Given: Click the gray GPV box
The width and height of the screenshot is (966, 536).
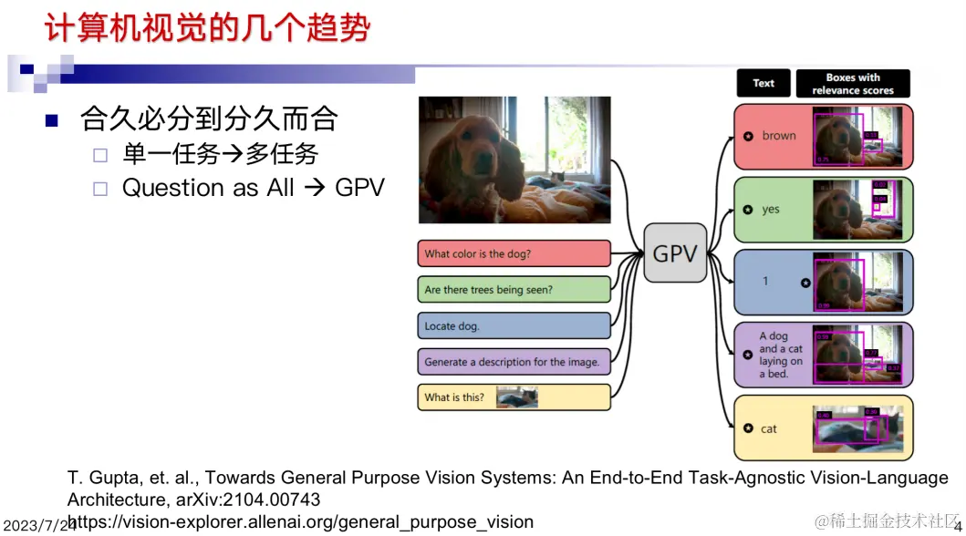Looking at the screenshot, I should click(675, 254).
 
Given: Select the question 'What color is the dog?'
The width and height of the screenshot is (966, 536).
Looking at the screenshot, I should click(514, 253).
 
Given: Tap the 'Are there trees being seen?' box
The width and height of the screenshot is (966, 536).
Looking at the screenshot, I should click(514, 290).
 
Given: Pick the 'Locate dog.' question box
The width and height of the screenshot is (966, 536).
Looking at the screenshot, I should click(514, 325).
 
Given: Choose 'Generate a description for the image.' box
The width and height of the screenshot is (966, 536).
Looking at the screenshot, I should click(514, 362).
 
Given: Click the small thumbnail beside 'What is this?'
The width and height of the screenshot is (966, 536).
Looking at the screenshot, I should click(516, 397).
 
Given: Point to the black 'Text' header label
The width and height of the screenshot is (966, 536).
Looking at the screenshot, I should click(763, 84).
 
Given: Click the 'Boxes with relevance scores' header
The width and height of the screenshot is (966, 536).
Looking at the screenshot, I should click(853, 84).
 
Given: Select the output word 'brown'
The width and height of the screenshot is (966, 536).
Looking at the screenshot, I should click(779, 136).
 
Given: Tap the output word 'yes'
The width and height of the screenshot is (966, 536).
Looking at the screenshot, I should click(771, 209).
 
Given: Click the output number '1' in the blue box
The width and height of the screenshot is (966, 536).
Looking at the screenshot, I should click(765, 281).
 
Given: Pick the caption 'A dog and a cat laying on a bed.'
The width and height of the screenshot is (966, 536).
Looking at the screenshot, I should click(781, 355).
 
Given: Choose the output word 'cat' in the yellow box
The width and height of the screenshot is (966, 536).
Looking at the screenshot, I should click(769, 428).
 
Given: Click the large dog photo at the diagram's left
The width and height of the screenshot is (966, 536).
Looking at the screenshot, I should click(502, 159).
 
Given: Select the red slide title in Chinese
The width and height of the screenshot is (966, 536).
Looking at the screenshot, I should click(208, 29).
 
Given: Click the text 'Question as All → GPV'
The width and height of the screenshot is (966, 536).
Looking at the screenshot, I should click(254, 188).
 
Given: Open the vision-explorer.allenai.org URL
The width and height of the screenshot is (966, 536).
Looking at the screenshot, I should click(301, 522).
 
